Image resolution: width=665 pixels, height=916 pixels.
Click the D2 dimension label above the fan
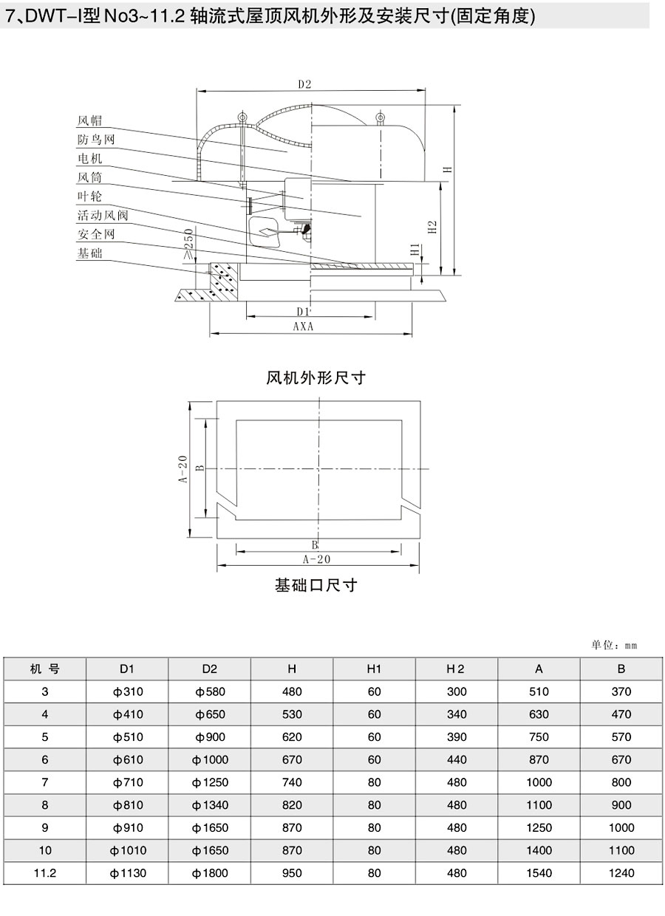click(x=304, y=84)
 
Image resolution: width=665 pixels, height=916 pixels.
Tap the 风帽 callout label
click(x=89, y=120)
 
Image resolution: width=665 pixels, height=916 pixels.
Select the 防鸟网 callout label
click(x=96, y=140)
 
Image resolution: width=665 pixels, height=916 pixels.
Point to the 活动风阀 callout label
click(x=103, y=215)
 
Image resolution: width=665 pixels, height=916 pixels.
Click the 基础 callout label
click(x=89, y=253)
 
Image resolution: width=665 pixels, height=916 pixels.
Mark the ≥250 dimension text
click(x=188, y=244)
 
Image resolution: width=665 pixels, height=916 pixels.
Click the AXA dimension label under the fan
click(x=303, y=327)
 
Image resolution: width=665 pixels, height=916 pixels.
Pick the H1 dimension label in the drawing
click(x=415, y=249)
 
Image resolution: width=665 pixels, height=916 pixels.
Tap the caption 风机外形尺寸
click(x=316, y=377)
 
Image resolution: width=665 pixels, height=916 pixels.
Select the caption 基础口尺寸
click(x=316, y=585)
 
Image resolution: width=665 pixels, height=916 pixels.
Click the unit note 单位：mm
click(x=614, y=645)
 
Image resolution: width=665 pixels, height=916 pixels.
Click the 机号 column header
click(x=44, y=669)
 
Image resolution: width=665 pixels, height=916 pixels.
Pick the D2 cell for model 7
click(x=210, y=782)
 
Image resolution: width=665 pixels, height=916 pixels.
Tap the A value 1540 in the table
click(x=539, y=873)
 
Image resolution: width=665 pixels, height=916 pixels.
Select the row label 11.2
click(x=44, y=873)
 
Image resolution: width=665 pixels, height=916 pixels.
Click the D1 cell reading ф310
click(x=128, y=691)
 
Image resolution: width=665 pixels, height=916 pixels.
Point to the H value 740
click(x=292, y=782)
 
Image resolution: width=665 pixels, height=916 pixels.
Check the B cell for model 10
click(x=621, y=850)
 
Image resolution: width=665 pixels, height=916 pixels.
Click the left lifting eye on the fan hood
click(x=242, y=117)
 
